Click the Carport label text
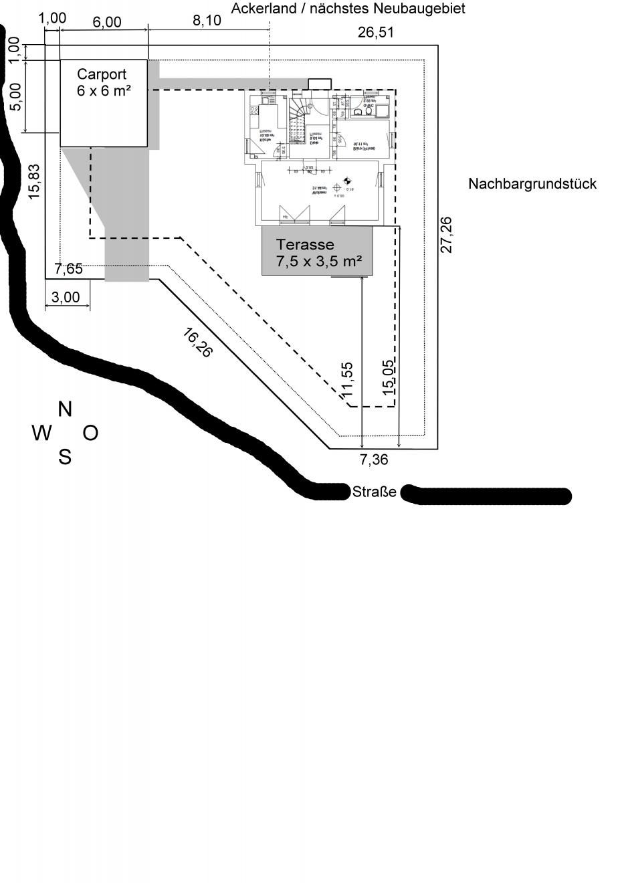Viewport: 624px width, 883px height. coord(102,74)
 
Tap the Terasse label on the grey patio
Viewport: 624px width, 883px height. coord(305,245)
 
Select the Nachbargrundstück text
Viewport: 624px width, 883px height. coord(532,184)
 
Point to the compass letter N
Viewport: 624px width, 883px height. coord(65,409)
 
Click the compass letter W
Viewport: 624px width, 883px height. coord(41,434)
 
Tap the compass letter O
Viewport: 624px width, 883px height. coord(90,433)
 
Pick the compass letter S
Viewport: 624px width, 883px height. coord(64,458)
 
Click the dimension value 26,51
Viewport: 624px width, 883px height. coord(375,32)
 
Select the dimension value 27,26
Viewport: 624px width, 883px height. coord(446,234)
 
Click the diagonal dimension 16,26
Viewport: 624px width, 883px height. coord(197,342)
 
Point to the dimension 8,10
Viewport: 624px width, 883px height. coord(207,21)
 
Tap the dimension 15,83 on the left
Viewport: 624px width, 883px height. coord(34,181)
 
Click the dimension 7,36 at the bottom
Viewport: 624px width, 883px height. coord(374,460)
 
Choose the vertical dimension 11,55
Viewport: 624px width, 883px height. coord(346,380)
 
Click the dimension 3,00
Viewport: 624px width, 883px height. coord(66,297)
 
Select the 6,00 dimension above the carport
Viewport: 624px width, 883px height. coord(107,22)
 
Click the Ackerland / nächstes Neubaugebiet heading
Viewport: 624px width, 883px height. coord(348,9)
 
